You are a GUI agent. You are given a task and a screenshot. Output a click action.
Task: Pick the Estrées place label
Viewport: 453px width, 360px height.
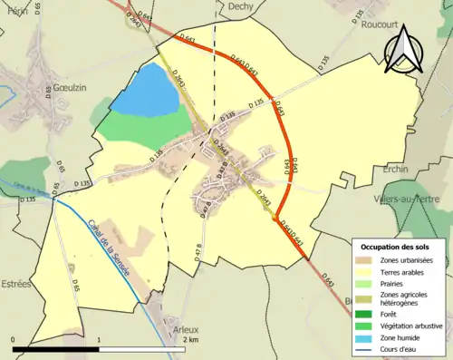click(x=16, y=283)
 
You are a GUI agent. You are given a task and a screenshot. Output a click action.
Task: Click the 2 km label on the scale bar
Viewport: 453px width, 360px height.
click(x=188, y=339)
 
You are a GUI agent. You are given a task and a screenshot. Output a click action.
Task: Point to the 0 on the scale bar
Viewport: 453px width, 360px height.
click(x=13, y=339)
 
